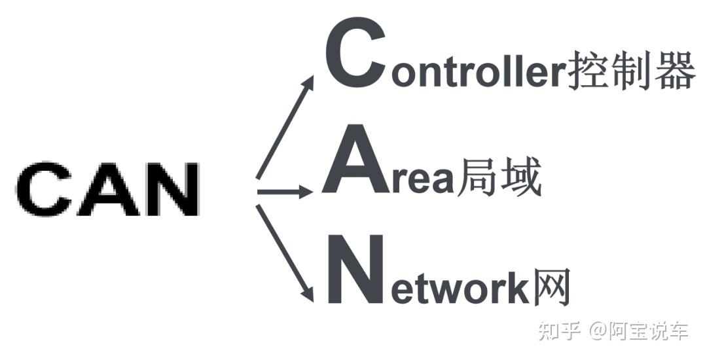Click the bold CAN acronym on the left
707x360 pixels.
pyautogui.click(x=107, y=190)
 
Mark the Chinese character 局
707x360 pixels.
pyautogui.click(x=476, y=178)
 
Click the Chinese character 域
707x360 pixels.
pyautogui.click(x=520, y=178)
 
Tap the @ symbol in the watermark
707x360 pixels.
pyautogui.click(x=599, y=332)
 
